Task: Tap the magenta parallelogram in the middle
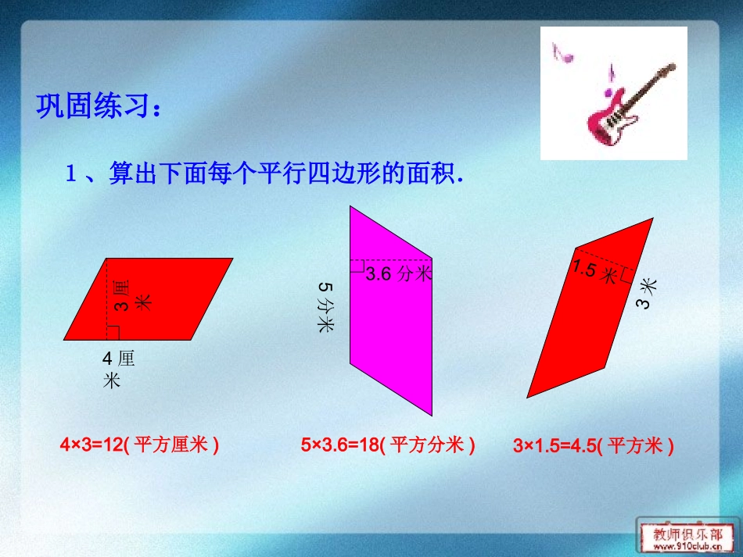[x=391, y=328]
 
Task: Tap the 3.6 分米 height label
[x=398, y=273]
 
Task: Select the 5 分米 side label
[x=325, y=308]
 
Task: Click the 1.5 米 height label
[x=594, y=273]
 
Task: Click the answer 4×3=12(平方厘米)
[x=139, y=445]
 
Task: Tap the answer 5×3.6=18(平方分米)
[x=388, y=445]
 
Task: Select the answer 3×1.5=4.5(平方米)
[x=594, y=446]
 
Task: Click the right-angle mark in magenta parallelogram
[x=357, y=266]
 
